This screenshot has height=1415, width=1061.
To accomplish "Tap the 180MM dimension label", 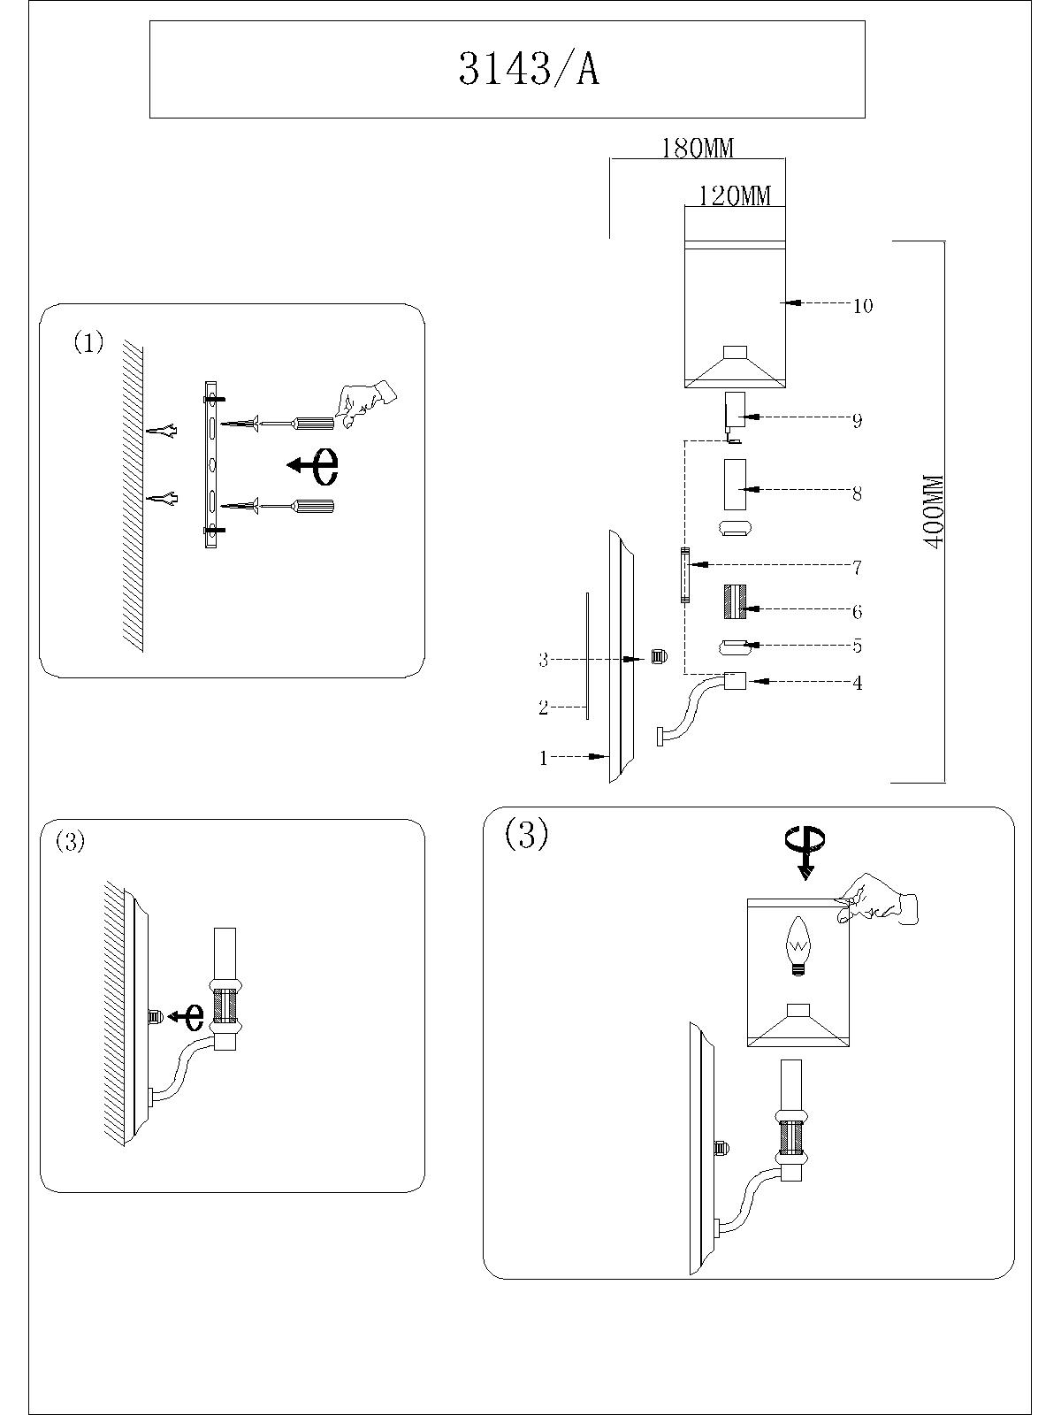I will coord(698,148).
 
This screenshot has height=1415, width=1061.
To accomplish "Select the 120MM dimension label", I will coord(735,195).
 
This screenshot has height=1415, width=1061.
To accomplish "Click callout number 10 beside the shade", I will coord(862,306).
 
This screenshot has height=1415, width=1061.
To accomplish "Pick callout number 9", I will coord(857,421).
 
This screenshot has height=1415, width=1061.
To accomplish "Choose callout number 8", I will coord(857,493).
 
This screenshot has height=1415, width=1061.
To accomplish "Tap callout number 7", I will coord(857,567).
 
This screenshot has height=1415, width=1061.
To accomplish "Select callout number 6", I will coord(857,611).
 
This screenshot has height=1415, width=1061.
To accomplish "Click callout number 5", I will coord(857,646).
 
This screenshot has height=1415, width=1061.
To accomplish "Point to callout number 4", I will coord(857,683).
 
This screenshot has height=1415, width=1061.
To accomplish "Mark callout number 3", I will coord(544,660).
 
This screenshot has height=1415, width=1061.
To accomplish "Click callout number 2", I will coord(544,707).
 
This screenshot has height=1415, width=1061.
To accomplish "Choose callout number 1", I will coord(544,758).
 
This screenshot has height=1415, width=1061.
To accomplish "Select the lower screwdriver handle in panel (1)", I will coord(316,507).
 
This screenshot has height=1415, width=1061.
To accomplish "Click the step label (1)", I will coord(88,342).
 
